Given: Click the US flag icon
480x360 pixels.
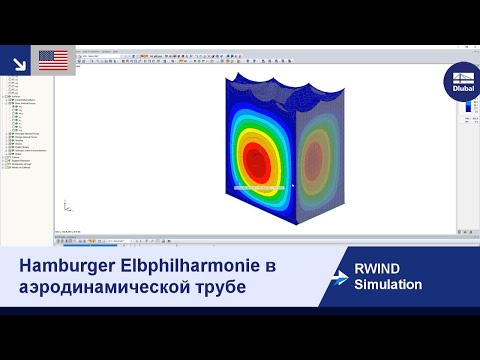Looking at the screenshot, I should click(52, 60).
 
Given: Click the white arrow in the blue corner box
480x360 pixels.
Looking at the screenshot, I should click(17, 61).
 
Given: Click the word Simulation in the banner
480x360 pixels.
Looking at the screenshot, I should click(388, 285).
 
